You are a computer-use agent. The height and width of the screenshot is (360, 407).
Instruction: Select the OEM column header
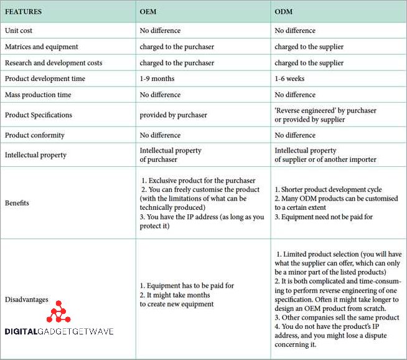(148, 12)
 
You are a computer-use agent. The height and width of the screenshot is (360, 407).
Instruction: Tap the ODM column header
(284, 12)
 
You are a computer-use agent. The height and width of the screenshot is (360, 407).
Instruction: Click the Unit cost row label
(19, 31)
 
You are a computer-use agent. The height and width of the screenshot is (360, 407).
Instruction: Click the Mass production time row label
(38, 95)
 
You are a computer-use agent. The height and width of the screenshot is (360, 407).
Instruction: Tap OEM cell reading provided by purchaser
(173, 115)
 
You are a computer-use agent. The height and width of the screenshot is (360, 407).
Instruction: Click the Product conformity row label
(35, 135)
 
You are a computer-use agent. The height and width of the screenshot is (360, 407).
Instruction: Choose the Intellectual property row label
(37, 155)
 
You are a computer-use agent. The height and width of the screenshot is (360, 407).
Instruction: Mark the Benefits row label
(18, 203)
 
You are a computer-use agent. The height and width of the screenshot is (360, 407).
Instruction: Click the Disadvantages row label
(27, 300)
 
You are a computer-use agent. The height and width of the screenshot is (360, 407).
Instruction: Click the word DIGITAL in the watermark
(25, 331)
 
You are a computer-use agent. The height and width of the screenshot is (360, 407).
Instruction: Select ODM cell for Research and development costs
(309, 63)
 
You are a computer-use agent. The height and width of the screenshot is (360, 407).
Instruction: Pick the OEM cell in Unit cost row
(160, 31)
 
